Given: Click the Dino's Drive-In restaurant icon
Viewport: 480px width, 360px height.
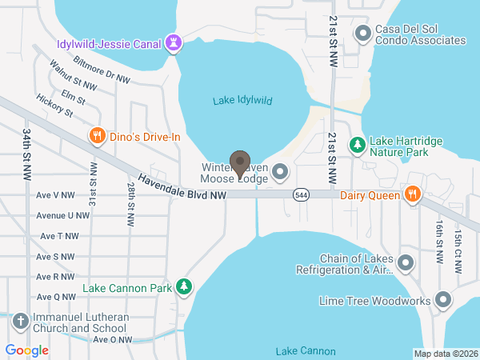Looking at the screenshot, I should click(97, 136).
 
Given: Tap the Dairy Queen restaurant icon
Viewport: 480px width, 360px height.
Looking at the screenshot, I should click(413, 194).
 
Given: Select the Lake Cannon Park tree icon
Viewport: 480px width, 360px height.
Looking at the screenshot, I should click(185, 286).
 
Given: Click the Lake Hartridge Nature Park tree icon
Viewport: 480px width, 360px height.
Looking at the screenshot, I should click(357, 146).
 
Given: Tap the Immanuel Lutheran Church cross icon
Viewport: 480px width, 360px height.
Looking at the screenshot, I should click(21, 322).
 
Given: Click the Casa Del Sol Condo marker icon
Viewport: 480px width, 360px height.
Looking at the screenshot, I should click(363, 34).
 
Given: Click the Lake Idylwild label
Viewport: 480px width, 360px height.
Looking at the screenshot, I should click(243, 101).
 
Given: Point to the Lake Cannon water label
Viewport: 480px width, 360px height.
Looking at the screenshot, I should click(305, 351).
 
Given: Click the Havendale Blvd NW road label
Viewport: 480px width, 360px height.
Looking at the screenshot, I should click(182, 189).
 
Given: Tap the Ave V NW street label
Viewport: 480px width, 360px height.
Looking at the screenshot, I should click(55, 194).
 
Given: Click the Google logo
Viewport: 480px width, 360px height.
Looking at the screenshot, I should click(26, 350).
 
